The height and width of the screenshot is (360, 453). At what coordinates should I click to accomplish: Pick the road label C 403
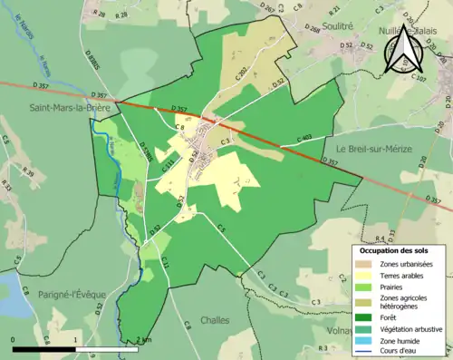point(303,138)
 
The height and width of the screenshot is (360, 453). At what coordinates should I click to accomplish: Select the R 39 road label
point(28,173)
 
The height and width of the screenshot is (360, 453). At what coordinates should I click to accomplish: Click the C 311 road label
point(169,166)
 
